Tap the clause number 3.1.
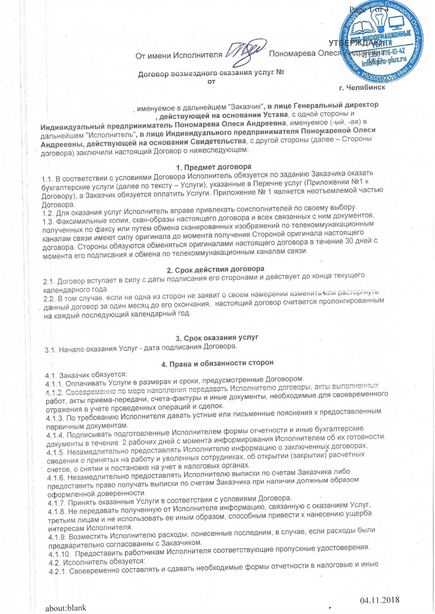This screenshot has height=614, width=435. [x=50, y=349]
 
